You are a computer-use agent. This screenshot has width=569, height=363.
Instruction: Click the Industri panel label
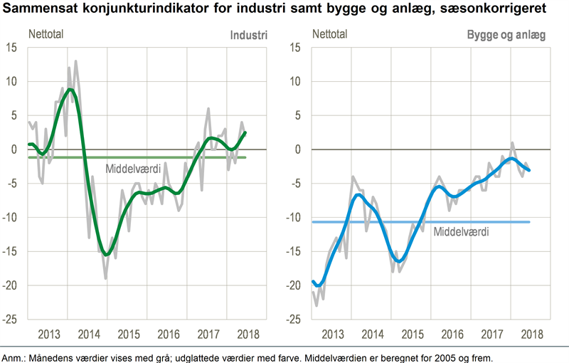pyautogui.click(x=248, y=34)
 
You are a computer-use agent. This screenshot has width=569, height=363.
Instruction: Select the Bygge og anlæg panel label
pyautogui.click(x=506, y=34)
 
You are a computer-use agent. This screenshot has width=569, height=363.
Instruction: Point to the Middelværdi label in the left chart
pyautogui.click(x=134, y=169)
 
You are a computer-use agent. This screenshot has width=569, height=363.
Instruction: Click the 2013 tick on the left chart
pyautogui.click(x=48, y=334)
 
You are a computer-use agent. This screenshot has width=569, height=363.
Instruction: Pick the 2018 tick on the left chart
pyautogui.click(x=247, y=334)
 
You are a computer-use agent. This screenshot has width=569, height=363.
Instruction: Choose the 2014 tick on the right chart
pyautogui.click(x=372, y=334)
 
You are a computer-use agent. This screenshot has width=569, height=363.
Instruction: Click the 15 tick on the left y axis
pyautogui.click(x=11, y=48)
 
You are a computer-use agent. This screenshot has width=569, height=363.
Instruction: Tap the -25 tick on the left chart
pyautogui.click(x=9, y=320)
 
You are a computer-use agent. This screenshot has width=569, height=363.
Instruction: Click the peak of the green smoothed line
pyautogui.click(x=68, y=89)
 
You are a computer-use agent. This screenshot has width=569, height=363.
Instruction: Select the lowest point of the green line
pyautogui.click(x=107, y=254)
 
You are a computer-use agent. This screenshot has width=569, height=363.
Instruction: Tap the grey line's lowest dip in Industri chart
pyautogui.click(x=106, y=278)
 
